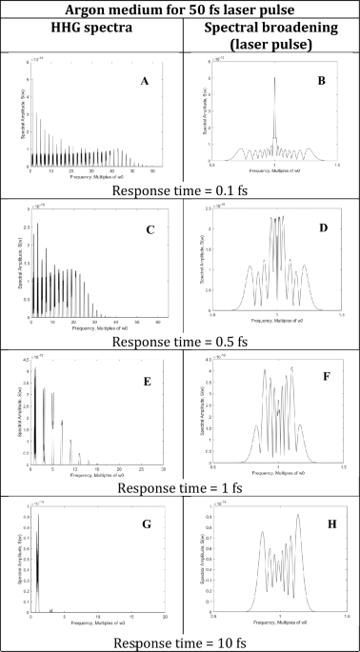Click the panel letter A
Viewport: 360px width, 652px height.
pos(144,82)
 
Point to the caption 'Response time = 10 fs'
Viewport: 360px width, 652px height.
pos(180,642)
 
